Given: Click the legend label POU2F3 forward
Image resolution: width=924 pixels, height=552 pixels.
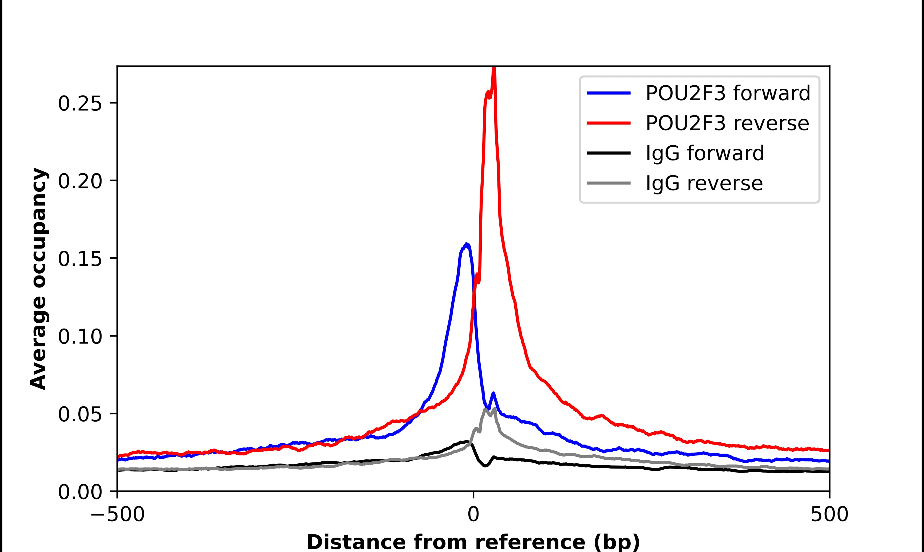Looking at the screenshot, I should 727,93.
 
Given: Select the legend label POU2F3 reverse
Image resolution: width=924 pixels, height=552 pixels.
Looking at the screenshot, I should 727,123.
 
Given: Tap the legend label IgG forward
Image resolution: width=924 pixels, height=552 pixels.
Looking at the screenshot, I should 704,153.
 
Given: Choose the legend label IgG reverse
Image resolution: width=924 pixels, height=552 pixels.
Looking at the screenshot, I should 704,183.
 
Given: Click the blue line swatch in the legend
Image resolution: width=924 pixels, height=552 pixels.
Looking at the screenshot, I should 608,93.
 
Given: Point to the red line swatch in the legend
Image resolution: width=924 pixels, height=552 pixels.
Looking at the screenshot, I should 608,123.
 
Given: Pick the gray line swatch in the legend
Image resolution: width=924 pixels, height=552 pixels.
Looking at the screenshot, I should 608,183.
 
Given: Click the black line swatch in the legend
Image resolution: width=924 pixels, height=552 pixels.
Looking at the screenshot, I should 608,153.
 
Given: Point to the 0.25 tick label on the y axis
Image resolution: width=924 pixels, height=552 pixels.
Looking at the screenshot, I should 80,104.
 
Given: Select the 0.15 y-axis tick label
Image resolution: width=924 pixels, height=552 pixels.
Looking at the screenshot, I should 80,259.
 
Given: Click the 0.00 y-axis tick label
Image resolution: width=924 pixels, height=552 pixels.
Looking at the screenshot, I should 80,492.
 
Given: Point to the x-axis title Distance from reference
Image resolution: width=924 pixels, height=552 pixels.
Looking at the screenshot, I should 473,542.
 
